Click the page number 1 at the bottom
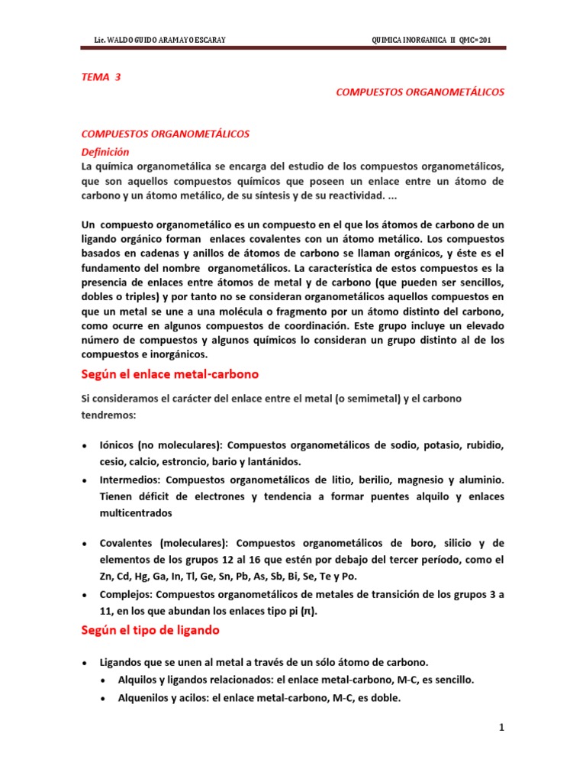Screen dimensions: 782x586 tap(502, 728)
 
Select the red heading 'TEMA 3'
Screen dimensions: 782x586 tap(101, 77)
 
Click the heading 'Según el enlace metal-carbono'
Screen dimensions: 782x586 tap(169, 374)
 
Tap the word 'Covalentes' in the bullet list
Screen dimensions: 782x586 tap(127, 543)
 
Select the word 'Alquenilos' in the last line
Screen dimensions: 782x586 tap(144, 697)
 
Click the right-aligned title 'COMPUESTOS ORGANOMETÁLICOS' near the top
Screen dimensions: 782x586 tap(420, 92)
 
